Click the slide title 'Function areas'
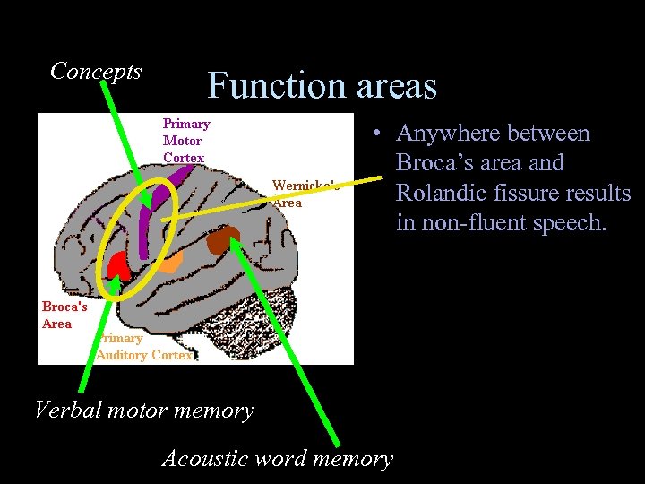322,86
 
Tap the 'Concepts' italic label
96,71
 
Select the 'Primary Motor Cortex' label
185,141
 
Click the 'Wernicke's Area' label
305,194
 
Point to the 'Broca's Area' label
64,315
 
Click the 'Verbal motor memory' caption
144,411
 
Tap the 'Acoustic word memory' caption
277,459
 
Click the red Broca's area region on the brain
117,264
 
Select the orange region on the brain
170,262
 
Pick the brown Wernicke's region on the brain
223,240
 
